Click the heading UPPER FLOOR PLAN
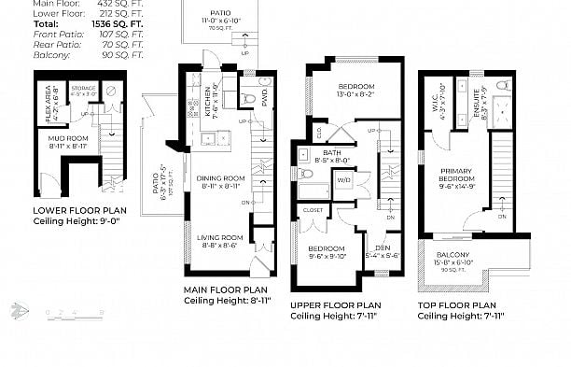pos(335,305)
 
